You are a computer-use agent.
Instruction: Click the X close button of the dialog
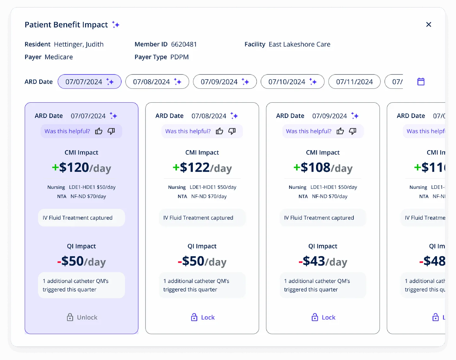[x=429, y=24]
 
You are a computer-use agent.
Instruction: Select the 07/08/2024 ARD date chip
[x=157, y=82]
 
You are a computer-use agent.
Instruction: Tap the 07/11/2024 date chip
[x=354, y=82]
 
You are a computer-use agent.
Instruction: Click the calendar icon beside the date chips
[x=421, y=82]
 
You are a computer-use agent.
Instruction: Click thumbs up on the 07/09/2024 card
[x=340, y=131]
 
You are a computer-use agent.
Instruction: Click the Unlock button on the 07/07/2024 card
[x=82, y=317]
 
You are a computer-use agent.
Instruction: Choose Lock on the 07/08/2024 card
[x=203, y=317]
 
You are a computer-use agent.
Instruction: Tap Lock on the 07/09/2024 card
[x=323, y=317]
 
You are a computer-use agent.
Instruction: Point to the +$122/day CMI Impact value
[x=202, y=168]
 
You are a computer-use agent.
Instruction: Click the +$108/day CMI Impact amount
[x=323, y=168]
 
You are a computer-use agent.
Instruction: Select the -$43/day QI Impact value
[x=323, y=261]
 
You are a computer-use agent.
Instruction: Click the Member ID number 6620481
[x=184, y=44]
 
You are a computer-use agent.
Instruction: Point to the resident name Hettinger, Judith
[x=79, y=44]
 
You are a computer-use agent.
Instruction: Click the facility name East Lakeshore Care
[x=299, y=44]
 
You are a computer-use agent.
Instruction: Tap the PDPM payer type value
[x=179, y=57]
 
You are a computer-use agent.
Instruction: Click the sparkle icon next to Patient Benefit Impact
[x=116, y=25]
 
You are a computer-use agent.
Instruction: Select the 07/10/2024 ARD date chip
[x=292, y=82]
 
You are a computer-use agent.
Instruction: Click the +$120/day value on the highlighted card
[x=81, y=168]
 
